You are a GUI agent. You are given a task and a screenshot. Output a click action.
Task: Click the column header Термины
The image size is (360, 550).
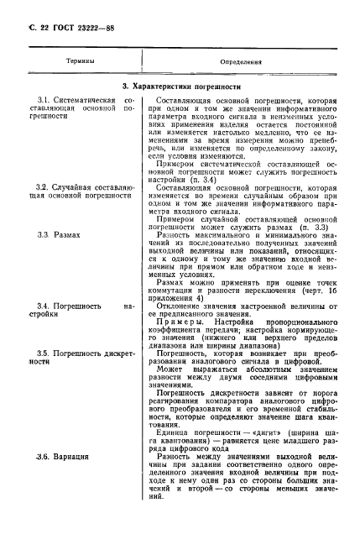pos(81,61)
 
